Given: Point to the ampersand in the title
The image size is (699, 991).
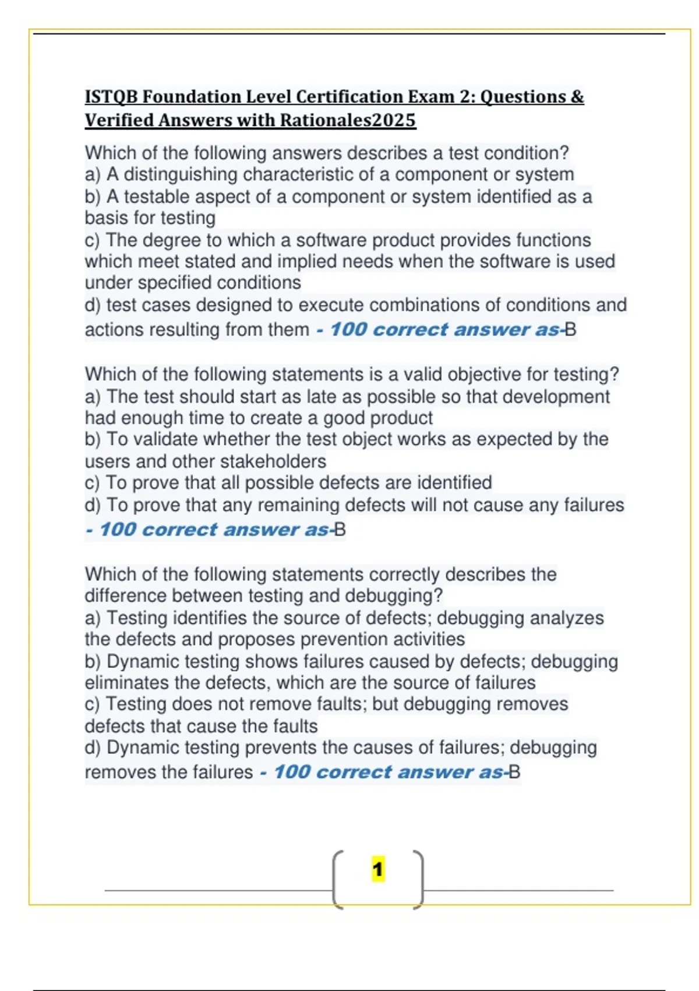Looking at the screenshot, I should pyautogui.click(x=577, y=97).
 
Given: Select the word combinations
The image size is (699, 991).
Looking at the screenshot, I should pyautogui.click(x=433, y=305).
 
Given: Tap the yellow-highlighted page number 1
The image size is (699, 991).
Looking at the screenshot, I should pyautogui.click(x=378, y=870).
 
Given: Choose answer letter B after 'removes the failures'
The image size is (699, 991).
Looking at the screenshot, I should pyautogui.click(x=514, y=772).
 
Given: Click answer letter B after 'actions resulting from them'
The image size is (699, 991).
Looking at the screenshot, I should pyautogui.click(x=571, y=330).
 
